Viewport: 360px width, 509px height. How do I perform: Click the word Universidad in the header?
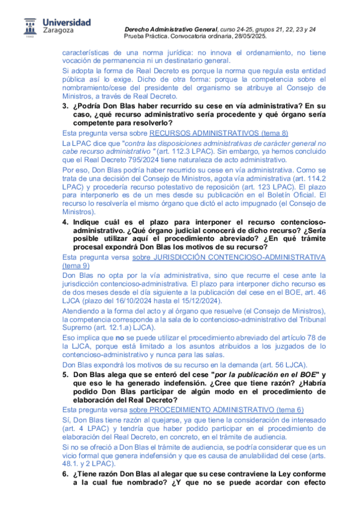tap(67, 22)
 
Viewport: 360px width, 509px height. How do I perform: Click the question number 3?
tap(66, 106)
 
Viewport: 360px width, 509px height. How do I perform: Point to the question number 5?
tap(66, 375)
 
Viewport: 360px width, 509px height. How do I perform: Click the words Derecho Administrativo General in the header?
tap(170, 29)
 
